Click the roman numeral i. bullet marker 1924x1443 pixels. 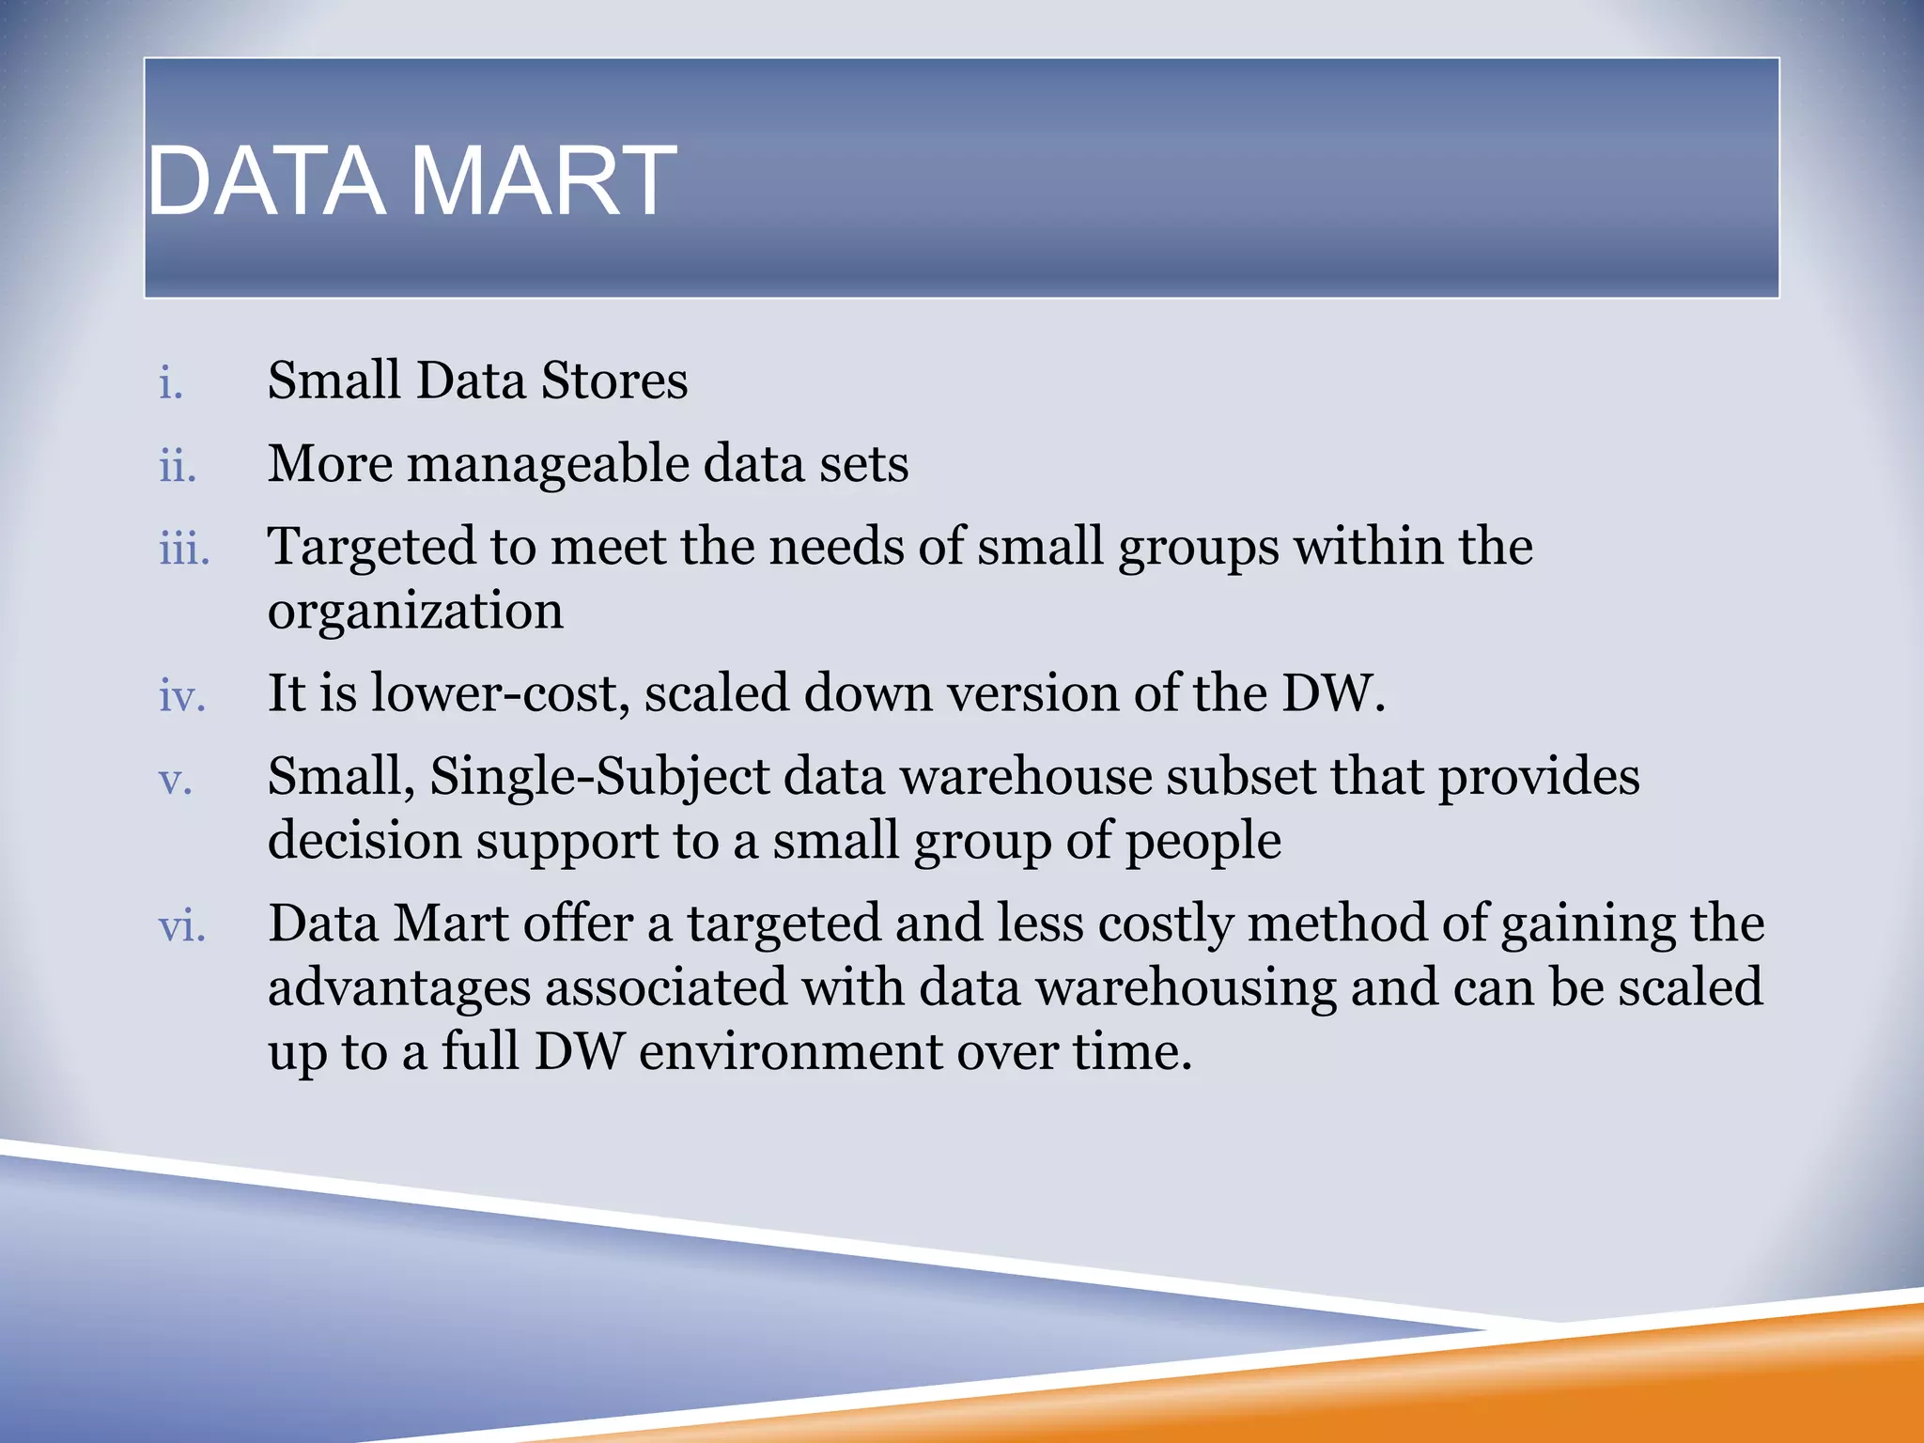(171, 383)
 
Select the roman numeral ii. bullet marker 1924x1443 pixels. (178, 466)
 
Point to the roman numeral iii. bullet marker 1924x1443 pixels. (184, 549)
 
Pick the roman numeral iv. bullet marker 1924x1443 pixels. (182, 696)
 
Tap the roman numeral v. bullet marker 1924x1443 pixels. (176, 780)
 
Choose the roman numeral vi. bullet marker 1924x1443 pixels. (182, 926)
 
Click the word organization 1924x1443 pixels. (415, 613)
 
